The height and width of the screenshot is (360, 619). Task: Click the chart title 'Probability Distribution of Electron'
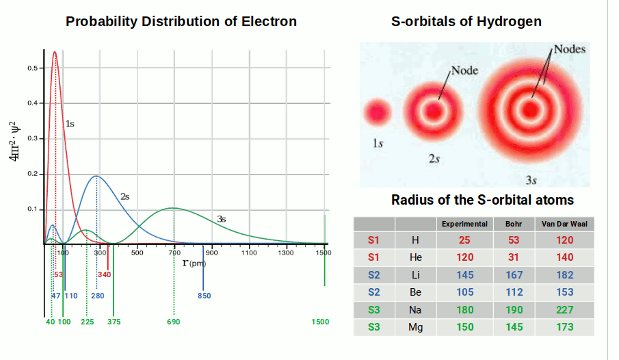click(181, 21)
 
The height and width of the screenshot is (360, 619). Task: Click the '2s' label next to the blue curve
click(124, 196)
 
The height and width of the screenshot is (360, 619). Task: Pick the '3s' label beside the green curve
click(221, 219)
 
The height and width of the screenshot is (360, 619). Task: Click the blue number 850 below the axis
click(204, 296)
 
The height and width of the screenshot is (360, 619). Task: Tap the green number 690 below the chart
click(173, 322)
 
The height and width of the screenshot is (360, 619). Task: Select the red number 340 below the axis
click(104, 274)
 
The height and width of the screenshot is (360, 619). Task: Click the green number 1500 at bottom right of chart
click(320, 322)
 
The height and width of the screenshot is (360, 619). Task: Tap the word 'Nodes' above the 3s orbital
click(569, 50)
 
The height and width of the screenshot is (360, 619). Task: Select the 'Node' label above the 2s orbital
click(464, 70)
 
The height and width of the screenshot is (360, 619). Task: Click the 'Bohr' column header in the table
click(513, 224)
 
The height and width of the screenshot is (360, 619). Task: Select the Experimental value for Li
click(464, 275)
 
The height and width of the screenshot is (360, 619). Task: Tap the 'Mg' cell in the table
click(415, 327)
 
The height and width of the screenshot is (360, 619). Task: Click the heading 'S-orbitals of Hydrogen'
click(466, 21)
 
